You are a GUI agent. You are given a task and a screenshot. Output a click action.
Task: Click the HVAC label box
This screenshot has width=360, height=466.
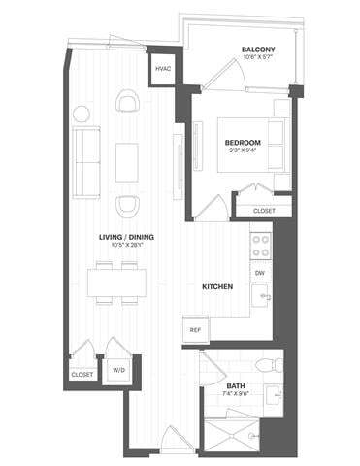tap(162, 69)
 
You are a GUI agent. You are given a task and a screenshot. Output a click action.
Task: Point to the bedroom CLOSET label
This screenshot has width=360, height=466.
tap(263, 210)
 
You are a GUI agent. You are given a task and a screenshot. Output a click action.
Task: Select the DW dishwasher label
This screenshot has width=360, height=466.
tap(260, 274)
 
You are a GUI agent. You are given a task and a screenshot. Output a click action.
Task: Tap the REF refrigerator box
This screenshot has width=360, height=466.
tap(195, 330)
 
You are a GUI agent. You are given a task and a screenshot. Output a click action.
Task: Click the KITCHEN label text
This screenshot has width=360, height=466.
tap(215, 287)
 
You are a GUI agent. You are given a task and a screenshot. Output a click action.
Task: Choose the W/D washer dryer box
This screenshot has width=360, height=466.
tap(118, 369)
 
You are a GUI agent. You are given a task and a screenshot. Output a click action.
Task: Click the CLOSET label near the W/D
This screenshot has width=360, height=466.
tap(82, 374)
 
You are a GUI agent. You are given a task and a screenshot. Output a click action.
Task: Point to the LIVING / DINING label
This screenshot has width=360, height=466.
tap(127, 237)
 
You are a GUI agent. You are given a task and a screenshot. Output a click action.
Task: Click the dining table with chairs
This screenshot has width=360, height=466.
tap(118, 283)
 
